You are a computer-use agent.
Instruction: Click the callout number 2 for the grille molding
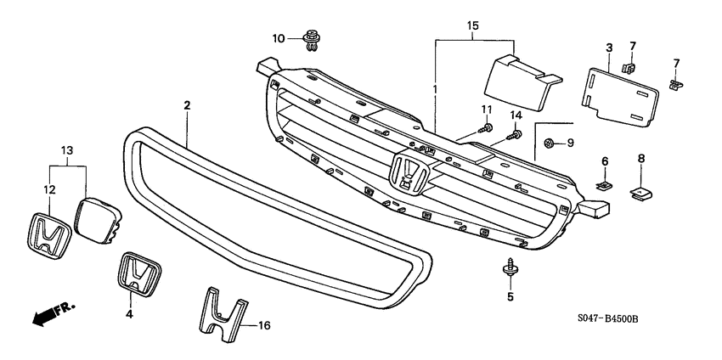click(186, 104)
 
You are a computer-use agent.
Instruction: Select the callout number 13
click(67, 149)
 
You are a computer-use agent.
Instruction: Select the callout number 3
click(610, 47)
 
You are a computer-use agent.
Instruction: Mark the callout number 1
click(436, 89)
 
